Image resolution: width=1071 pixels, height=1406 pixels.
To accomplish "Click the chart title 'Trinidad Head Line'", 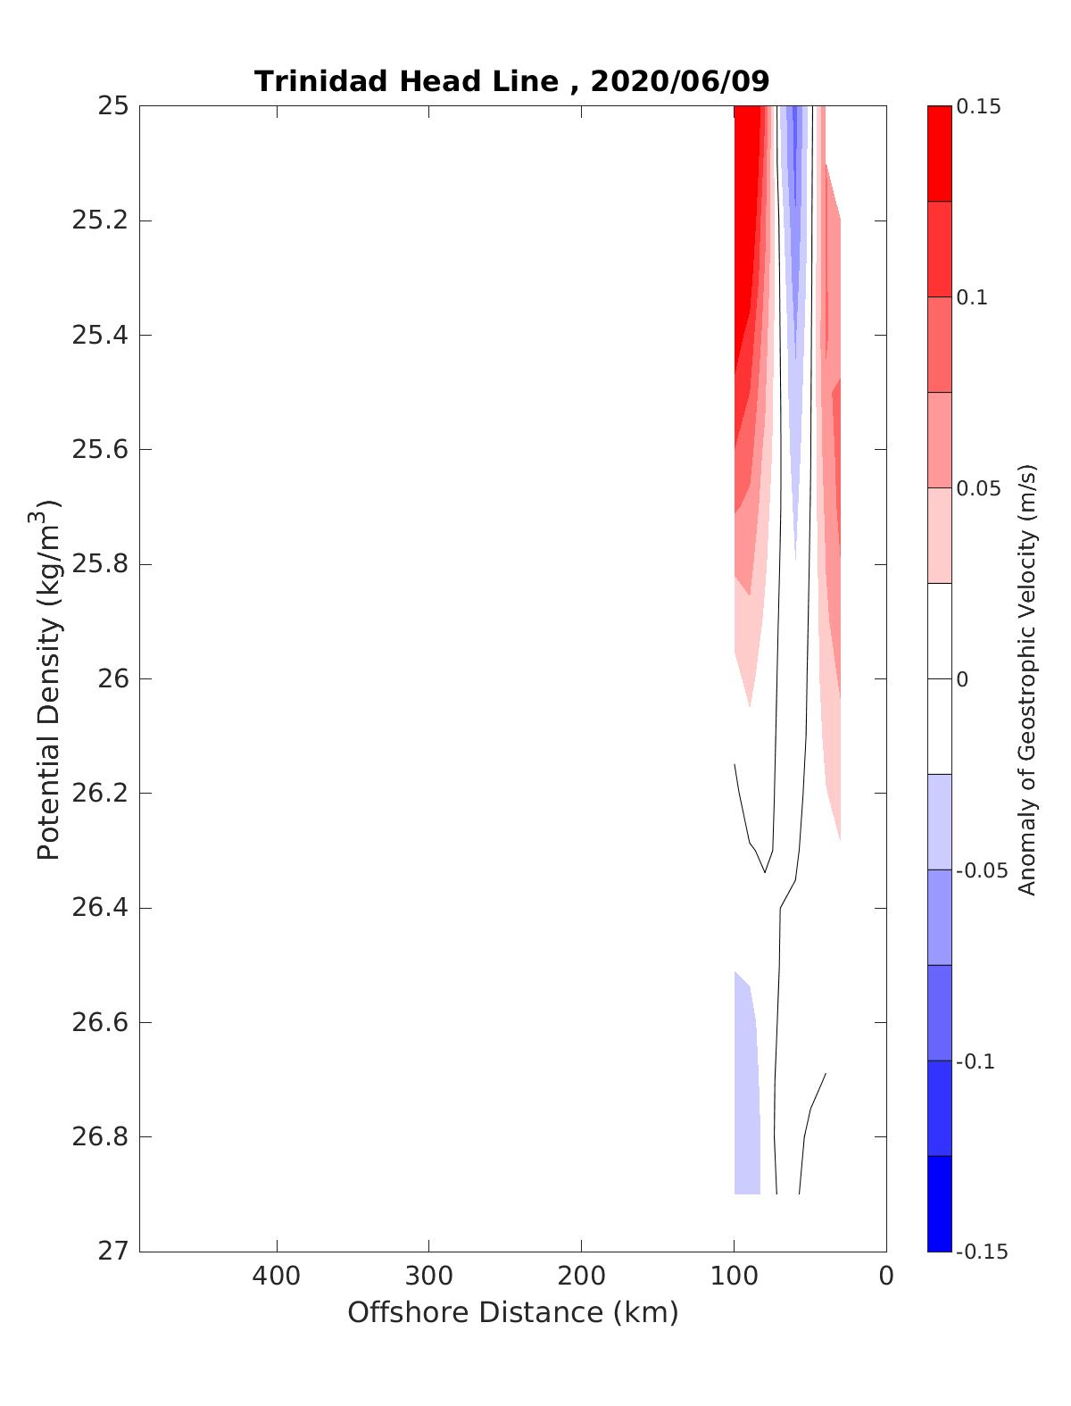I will tap(406, 81).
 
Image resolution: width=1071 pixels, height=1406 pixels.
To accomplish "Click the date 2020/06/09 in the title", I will tap(679, 81).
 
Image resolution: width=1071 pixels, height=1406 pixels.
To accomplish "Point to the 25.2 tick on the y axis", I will tap(100, 220).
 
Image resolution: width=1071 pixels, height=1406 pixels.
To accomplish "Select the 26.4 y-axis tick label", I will tap(100, 908).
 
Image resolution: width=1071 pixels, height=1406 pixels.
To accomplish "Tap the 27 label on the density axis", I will tap(113, 1252).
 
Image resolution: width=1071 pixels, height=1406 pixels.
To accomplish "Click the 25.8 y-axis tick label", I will tap(100, 564).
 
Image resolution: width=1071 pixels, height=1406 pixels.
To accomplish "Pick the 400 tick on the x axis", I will tap(277, 1276).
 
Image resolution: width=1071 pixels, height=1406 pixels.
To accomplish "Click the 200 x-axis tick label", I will tap(582, 1276).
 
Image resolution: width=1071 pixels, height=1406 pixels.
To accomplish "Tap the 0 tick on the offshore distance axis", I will tap(885, 1276).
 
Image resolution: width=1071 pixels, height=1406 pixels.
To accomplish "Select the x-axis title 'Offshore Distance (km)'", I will tap(512, 1312).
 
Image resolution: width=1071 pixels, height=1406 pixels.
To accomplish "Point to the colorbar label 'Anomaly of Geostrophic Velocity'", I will tap(1027, 678).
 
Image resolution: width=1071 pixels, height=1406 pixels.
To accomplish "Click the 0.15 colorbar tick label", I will tap(978, 107).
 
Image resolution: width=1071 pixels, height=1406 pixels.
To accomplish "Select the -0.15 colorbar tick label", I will tap(981, 1252).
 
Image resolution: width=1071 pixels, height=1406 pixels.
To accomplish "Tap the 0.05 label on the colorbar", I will tap(978, 488).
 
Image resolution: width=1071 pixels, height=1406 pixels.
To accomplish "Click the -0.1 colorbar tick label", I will tap(976, 1061).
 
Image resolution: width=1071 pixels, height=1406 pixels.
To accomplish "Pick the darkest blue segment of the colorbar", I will tap(939, 1203).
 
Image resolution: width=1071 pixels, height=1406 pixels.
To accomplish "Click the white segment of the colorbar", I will tap(939, 678).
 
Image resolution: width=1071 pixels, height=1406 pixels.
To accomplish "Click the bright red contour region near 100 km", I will tap(748, 223).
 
